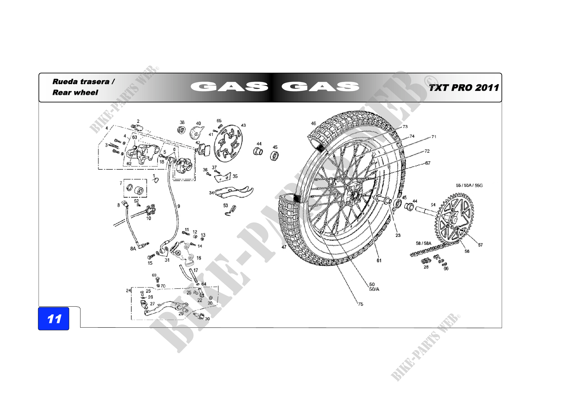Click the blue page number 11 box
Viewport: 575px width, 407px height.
click(54, 318)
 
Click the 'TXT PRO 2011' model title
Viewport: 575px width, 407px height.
click(464, 88)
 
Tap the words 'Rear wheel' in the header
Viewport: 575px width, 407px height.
click(75, 93)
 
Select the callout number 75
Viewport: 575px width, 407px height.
click(360, 304)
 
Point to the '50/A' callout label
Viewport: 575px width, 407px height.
click(374, 289)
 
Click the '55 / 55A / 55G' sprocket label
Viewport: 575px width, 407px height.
click(469, 185)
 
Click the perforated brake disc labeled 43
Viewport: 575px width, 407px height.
click(228, 144)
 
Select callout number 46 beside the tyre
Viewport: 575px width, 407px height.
click(313, 123)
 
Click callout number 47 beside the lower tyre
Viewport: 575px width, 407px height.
click(284, 247)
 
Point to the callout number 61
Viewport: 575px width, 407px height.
click(379, 260)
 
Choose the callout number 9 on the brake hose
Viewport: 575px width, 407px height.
click(178, 206)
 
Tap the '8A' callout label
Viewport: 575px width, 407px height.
click(133, 248)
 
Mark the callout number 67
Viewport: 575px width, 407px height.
click(428, 163)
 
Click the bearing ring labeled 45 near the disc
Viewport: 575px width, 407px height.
click(275, 156)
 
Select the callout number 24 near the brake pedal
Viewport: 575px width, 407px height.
click(128, 290)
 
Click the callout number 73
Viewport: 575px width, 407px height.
click(405, 127)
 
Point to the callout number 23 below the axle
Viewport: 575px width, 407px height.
click(398, 235)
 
